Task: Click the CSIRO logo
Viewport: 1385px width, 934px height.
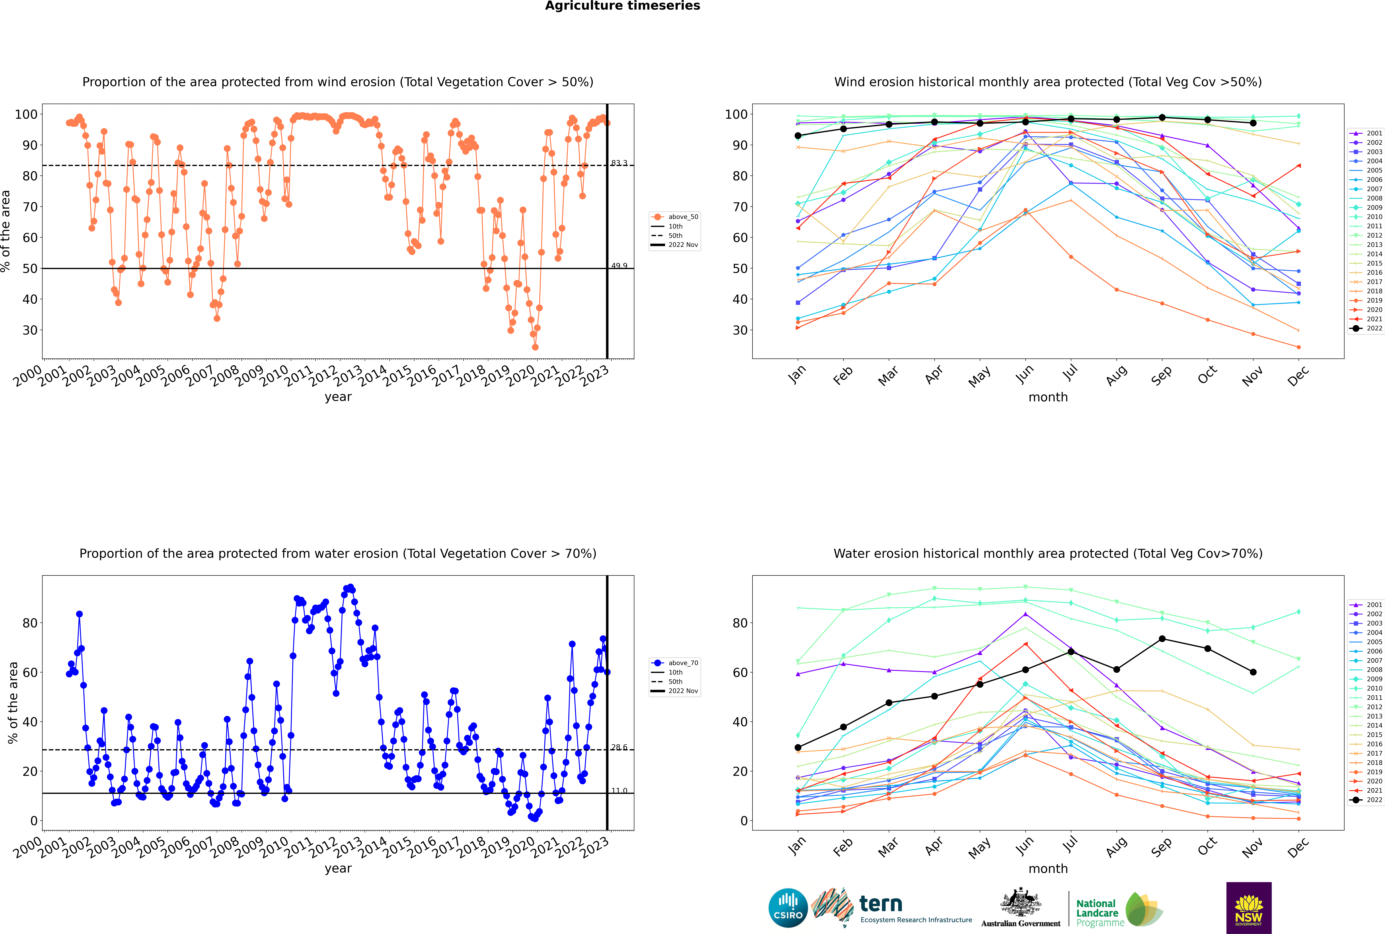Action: (x=788, y=908)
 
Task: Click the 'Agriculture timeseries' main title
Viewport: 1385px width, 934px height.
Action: (x=622, y=6)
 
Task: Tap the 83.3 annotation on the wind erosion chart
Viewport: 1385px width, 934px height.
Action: (x=619, y=163)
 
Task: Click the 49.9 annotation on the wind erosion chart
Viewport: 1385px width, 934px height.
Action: (x=619, y=266)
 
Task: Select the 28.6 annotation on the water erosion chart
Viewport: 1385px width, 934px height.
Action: (x=619, y=747)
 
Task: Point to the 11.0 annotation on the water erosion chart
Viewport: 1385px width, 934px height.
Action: (x=619, y=790)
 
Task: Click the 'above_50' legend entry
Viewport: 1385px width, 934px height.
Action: (x=675, y=217)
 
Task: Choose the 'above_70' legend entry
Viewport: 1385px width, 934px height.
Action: (x=675, y=663)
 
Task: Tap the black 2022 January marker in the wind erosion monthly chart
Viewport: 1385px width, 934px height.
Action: (x=798, y=136)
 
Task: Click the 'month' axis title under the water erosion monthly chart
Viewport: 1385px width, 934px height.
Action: (x=1048, y=869)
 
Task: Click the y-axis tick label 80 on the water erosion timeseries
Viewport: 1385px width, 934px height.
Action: (x=30, y=623)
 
